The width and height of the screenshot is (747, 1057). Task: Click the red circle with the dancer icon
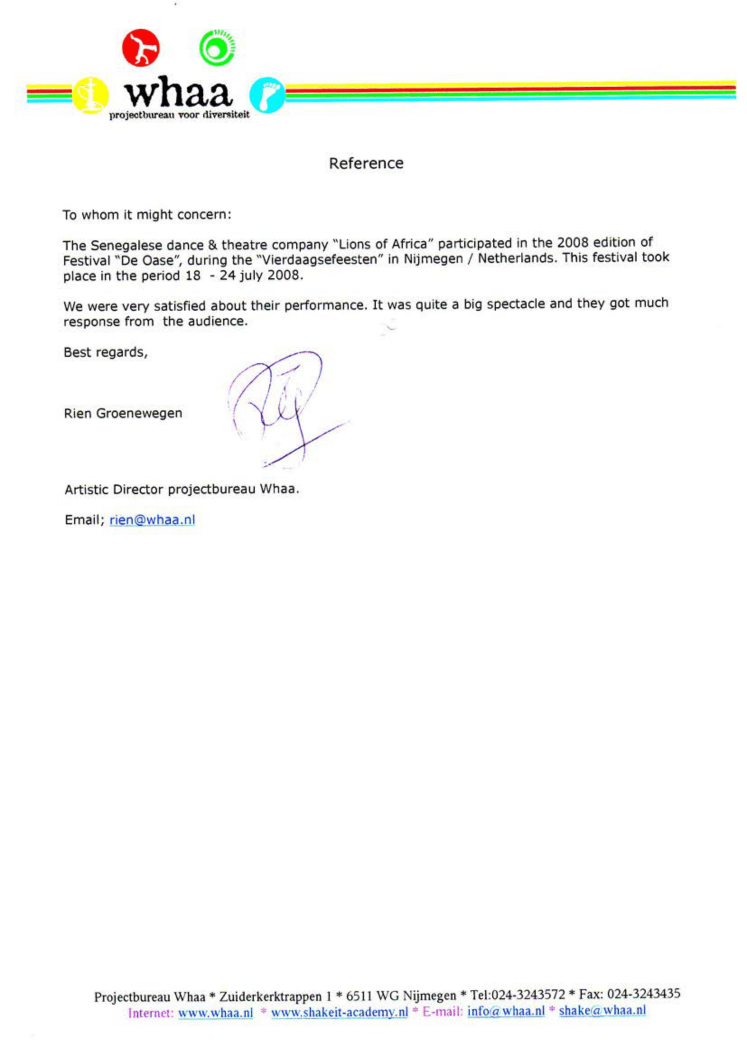click(x=140, y=48)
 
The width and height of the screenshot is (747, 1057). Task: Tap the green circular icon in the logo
click(x=217, y=48)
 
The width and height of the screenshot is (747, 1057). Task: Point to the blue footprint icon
click(x=266, y=95)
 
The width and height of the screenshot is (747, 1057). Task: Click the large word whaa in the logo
click(x=178, y=94)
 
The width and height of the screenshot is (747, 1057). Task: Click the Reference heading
click(x=366, y=163)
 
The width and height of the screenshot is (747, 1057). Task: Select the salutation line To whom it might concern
click(x=147, y=215)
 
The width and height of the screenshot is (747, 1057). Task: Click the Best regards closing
click(x=105, y=352)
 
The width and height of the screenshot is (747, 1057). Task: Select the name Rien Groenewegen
click(x=123, y=413)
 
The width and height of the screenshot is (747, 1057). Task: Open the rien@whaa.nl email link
click(x=152, y=520)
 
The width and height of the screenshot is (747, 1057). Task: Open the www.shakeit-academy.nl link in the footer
click(x=339, y=1012)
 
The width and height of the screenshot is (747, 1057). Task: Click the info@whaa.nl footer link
click(x=506, y=1011)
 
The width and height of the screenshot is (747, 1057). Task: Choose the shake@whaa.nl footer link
click(x=602, y=1010)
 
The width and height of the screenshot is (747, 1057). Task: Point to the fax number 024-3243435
click(x=644, y=994)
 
